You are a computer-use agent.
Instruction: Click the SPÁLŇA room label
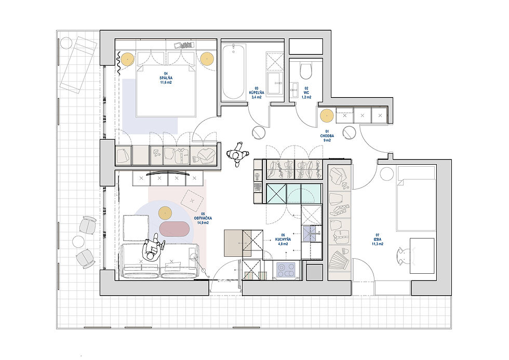[x=166, y=78]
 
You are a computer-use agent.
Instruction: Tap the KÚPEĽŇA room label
[x=257, y=92]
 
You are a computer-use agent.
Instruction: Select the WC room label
[x=306, y=92]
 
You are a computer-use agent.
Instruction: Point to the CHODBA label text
[x=327, y=136]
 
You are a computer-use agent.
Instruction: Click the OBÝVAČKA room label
[x=203, y=219]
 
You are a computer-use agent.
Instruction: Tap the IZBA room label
[x=378, y=239]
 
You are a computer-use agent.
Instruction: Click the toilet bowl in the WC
[x=306, y=71]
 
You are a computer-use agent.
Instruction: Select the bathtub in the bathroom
[x=233, y=72]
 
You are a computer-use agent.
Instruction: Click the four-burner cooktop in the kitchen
[x=286, y=270]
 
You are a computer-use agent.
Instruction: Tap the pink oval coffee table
[x=174, y=229]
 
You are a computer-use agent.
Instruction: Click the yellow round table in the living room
[x=165, y=212]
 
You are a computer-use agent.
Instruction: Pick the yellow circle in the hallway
[x=326, y=116]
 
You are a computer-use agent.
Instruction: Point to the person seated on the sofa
[x=153, y=248]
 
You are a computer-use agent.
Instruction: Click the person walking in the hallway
[x=237, y=154]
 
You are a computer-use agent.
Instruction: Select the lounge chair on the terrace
[x=78, y=63]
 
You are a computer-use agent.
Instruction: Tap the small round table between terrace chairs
[x=78, y=242]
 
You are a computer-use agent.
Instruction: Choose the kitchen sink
[x=311, y=233]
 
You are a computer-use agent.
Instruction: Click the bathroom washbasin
[x=276, y=83]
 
